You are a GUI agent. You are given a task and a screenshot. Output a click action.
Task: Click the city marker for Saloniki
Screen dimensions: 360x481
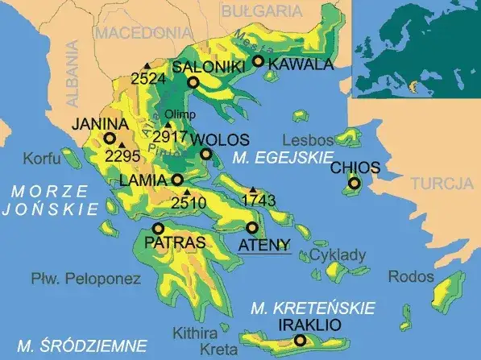coord(193,82)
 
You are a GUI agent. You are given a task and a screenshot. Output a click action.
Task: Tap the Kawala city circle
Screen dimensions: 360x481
coord(258,61)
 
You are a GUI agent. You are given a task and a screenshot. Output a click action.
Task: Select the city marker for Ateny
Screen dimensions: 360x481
coord(252,228)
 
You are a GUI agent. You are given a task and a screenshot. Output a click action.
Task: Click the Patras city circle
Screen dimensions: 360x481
coord(158,229)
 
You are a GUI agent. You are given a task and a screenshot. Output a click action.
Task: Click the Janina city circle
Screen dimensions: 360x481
coord(109,138)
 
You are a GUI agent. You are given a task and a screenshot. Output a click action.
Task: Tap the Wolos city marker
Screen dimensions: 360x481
coord(206,154)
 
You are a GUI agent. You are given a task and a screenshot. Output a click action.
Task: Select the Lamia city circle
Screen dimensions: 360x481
coord(177,180)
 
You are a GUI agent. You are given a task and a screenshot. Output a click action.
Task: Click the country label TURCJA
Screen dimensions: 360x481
coord(441,184)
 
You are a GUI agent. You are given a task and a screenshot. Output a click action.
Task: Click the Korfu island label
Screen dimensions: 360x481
coord(43,158)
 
